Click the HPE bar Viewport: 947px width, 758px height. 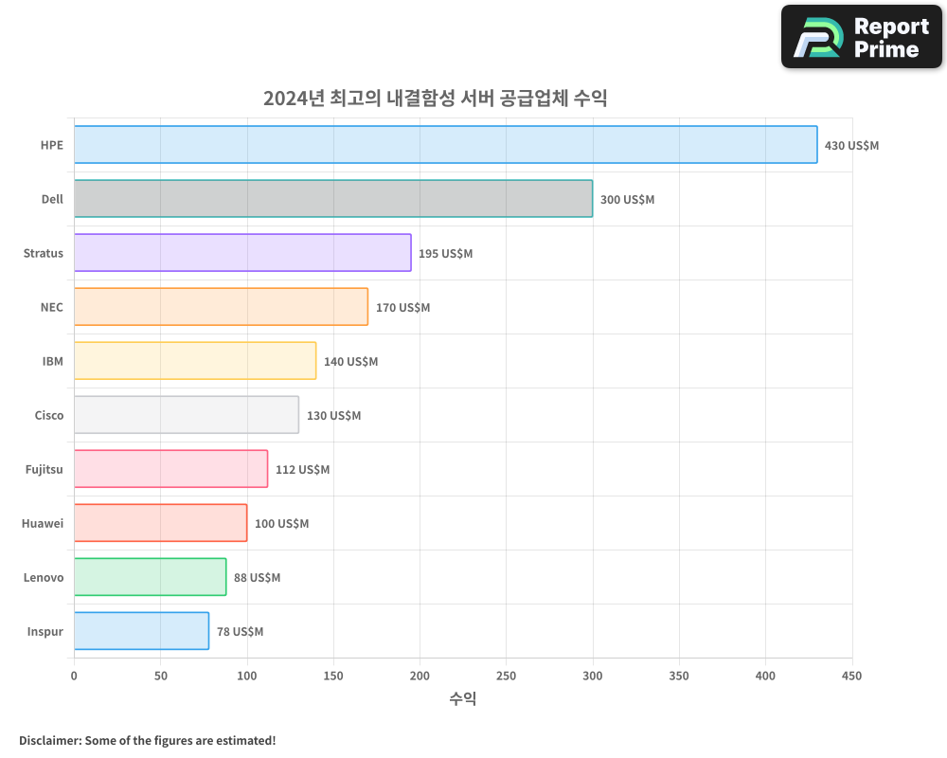(x=445, y=145)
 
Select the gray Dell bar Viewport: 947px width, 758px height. (x=333, y=199)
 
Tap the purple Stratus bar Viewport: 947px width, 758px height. (x=242, y=253)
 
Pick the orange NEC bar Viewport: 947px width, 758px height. (x=221, y=307)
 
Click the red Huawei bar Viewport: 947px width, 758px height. (x=160, y=523)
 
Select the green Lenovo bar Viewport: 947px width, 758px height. (x=150, y=577)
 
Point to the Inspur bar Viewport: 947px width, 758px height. (x=141, y=631)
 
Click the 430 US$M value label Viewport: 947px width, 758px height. (x=851, y=146)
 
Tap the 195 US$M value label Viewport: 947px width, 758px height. (x=445, y=254)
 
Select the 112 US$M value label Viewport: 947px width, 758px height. (x=302, y=470)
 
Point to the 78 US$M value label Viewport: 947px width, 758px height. (x=240, y=632)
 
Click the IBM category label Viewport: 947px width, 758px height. (x=53, y=361)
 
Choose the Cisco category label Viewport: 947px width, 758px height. (x=49, y=415)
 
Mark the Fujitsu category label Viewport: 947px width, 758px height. (x=45, y=469)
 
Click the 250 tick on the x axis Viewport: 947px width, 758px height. (x=506, y=677)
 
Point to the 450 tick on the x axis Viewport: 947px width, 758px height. (x=851, y=677)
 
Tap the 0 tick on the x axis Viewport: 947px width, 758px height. (x=74, y=677)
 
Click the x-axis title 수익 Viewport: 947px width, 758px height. (x=462, y=699)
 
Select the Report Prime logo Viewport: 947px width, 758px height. (x=861, y=37)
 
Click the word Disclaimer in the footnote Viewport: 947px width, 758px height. (x=49, y=740)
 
